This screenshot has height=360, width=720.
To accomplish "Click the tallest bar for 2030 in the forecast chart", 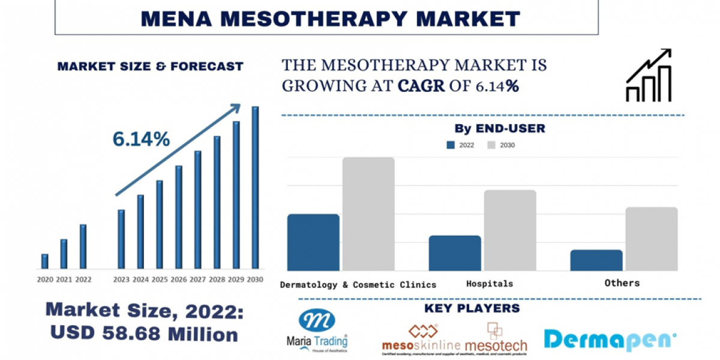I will coord(255,188).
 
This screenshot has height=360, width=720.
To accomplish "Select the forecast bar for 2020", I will coord(44,261).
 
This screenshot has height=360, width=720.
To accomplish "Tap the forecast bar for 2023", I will coord(121,239).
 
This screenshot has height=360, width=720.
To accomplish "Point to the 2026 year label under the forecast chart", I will coord(179,280).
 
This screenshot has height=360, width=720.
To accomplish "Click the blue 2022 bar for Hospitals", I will coord(455,253).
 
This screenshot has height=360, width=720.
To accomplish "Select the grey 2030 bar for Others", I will coord(651,239).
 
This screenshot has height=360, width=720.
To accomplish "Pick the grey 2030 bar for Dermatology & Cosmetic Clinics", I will coord(368,214).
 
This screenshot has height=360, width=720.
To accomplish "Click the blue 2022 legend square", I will coord(451,145).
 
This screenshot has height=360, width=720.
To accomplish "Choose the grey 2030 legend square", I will coord(491,145).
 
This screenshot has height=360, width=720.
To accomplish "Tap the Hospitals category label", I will coord(490,283).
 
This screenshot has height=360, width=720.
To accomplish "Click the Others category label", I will coord(622,283).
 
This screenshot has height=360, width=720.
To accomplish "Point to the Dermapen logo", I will coord(610,340).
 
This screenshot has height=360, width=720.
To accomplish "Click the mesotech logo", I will coord(496,338).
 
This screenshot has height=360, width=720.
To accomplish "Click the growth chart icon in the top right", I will coord(648,76).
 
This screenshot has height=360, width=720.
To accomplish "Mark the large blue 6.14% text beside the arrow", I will coord(141,139).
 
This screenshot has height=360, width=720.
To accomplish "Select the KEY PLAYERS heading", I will coord(472,308).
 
